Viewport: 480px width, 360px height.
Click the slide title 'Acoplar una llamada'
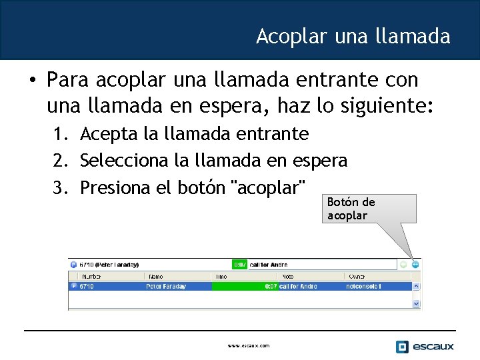coord(353,36)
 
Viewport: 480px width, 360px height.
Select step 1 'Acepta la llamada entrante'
coord(194,134)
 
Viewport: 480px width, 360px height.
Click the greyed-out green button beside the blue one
coord(403,265)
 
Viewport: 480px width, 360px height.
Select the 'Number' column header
coord(91,276)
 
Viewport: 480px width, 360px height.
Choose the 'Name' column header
coord(157,276)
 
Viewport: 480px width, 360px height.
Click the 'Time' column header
coord(222,276)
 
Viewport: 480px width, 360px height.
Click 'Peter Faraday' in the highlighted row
coord(166,287)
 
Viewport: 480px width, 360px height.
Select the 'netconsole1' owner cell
coord(364,287)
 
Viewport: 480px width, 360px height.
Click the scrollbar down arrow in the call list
coord(417,303)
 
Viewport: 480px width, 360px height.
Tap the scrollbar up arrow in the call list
coord(417,287)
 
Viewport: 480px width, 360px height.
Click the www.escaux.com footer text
coord(248,346)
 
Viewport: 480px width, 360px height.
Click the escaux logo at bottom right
coord(425,346)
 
